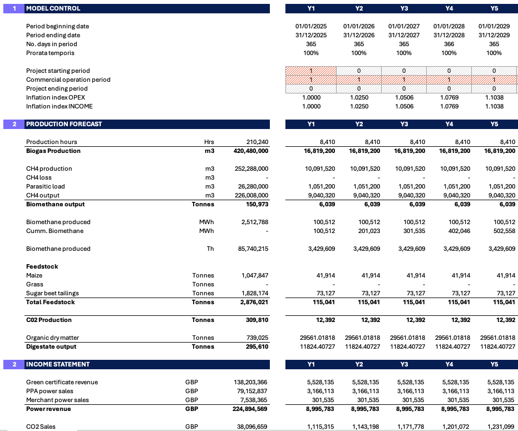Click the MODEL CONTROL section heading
[x=53, y=8]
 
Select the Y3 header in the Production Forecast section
[x=404, y=124]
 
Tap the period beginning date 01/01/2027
[x=404, y=26]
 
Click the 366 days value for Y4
[x=449, y=44]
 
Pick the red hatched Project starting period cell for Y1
[x=311, y=71]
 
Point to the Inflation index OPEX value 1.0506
[x=404, y=97]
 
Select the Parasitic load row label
[x=46, y=186]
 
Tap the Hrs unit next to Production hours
[x=209, y=142]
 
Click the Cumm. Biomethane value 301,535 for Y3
[x=414, y=231]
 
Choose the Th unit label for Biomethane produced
[x=210, y=249]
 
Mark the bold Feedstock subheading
[x=42, y=266]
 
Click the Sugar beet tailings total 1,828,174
[x=255, y=293]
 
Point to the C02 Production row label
[x=49, y=320]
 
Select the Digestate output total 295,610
[x=257, y=347]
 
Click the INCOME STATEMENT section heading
[x=58, y=364]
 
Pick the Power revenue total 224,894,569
[x=250, y=409]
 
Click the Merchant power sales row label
[x=57, y=400]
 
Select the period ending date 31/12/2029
[x=494, y=35]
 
